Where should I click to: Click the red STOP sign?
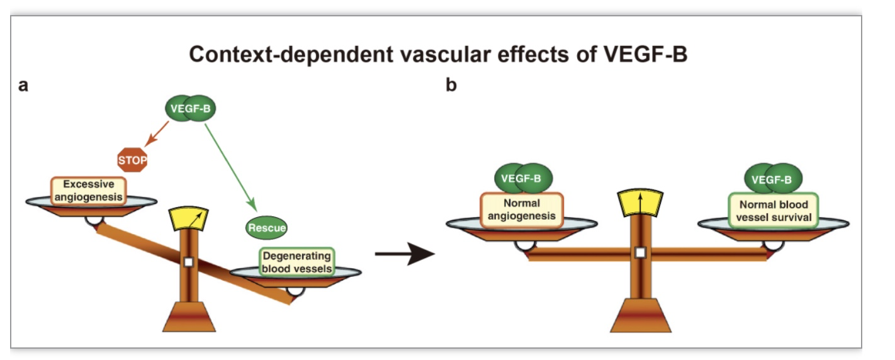coord(132,160)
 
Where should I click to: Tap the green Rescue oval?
coord(266,228)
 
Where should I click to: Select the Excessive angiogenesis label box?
coord(88,191)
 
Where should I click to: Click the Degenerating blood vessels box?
coord(297,262)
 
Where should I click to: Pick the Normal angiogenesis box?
coord(521,210)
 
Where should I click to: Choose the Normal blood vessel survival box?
coord(774,211)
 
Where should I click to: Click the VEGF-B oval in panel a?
coord(190,108)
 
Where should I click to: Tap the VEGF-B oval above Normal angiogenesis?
coord(524,178)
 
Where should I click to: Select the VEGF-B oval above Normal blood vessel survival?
coord(774,179)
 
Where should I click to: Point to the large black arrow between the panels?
coord(405,253)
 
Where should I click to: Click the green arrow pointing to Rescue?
coord(230,167)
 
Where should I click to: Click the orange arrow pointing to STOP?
coord(157,133)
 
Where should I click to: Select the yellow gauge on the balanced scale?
coord(640,203)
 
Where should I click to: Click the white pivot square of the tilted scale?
coord(189,262)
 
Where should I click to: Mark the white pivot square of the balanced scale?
coord(641,252)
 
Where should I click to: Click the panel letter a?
coord(23,86)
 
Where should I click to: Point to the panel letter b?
coord(451,85)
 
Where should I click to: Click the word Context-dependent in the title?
coord(291,54)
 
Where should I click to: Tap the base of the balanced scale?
coord(641,315)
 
